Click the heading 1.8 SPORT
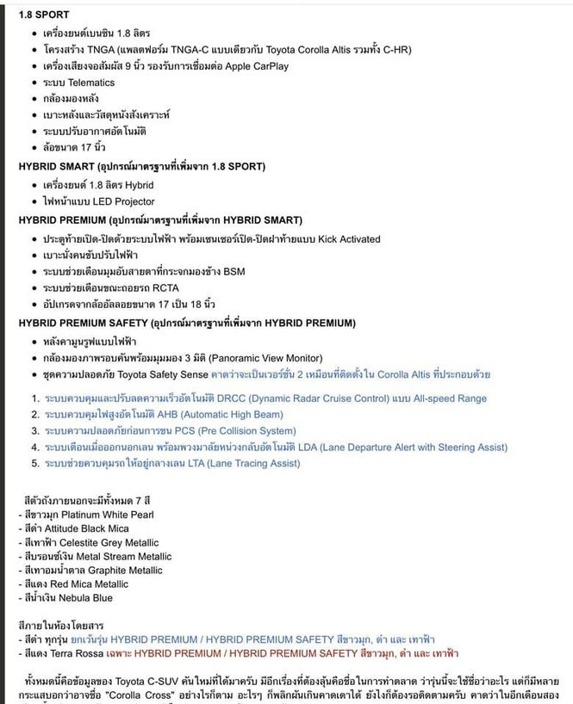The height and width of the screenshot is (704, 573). click(44, 15)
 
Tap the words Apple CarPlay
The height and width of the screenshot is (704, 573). click(257, 66)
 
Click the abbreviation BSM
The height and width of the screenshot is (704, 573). click(234, 271)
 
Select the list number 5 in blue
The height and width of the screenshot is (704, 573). click(35, 464)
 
